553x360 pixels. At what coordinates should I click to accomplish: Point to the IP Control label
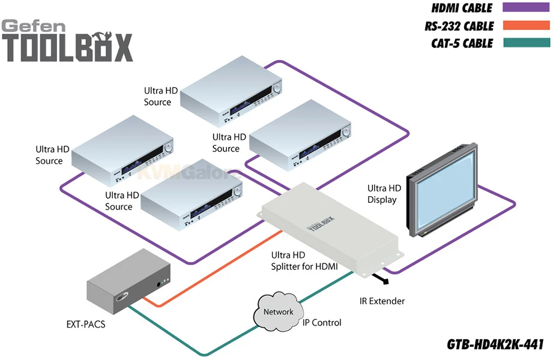point(321,323)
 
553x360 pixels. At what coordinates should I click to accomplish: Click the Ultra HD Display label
point(382,194)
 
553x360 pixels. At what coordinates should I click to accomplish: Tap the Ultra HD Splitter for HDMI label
point(304,260)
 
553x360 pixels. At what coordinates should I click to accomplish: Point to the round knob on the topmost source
point(277,88)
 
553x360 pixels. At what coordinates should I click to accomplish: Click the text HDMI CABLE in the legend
point(462,8)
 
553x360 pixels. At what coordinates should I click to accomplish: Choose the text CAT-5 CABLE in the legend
point(462,43)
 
